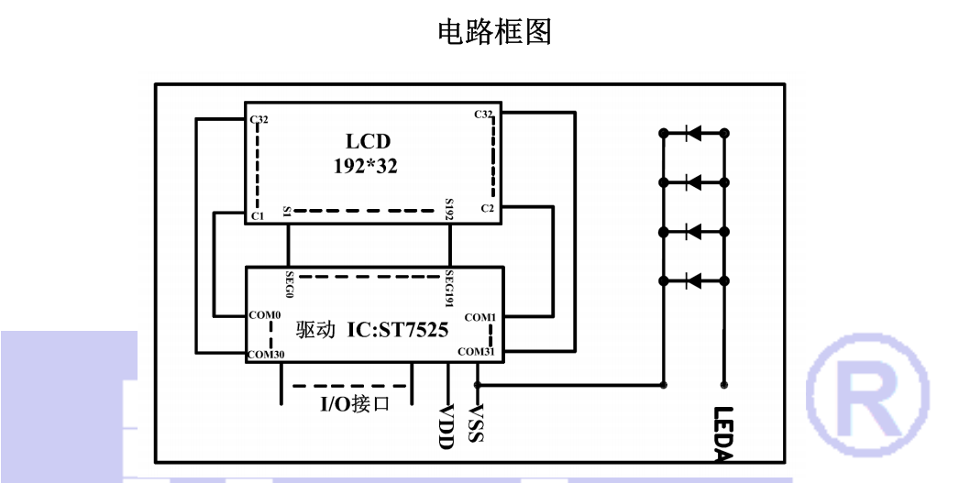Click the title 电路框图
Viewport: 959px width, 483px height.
pyautogui.click(x=495, y=32)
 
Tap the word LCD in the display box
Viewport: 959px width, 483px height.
pyautogui.click(x=368, y=141)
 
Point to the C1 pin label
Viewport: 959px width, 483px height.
pyautogui.click(x=257, y=215)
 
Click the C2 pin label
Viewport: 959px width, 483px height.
pyautogui.click(x=488, y=209)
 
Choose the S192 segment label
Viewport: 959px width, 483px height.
pyautogui.click(x=449, y=209)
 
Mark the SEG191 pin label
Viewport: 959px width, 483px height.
pyautogui.click(x=450, y=288)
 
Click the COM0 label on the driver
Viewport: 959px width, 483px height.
pyautogui.click(x=265, y=315)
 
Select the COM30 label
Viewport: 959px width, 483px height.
pyautogui.click(x=267, y=354)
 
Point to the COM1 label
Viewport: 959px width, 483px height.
pyautogui.click(x=480, y=317)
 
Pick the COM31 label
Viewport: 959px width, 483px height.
pyautogui.click(x=477, y=351)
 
